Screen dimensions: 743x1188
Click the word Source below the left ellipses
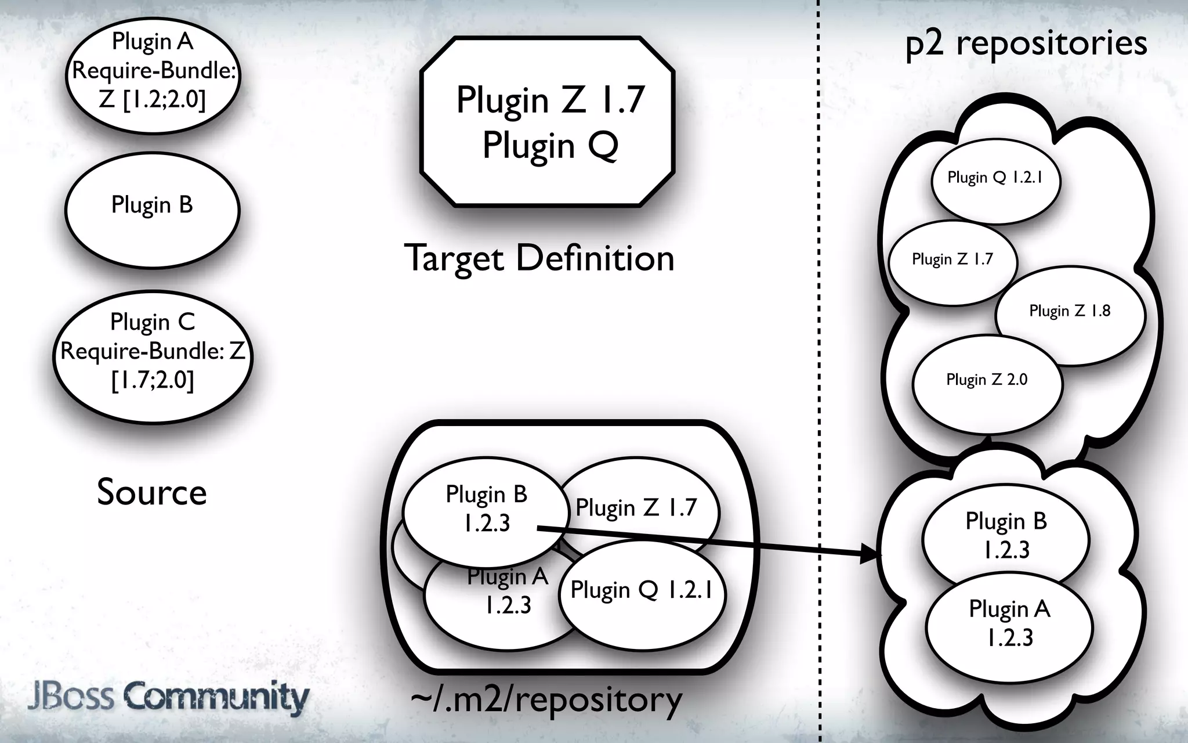(x=152, y=492)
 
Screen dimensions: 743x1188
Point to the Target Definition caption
(x=539, y=258)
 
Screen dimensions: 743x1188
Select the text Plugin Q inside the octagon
(x=550, y=145)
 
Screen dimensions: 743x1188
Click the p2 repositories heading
(x=1026, y=44)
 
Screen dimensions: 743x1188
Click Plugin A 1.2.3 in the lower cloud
(x=1009, y=623)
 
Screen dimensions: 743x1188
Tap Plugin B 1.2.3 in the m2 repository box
(x=486, y=508)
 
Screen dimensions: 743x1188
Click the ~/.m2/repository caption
(x=546, y=700)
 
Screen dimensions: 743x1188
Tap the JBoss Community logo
(x=168, y=697)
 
